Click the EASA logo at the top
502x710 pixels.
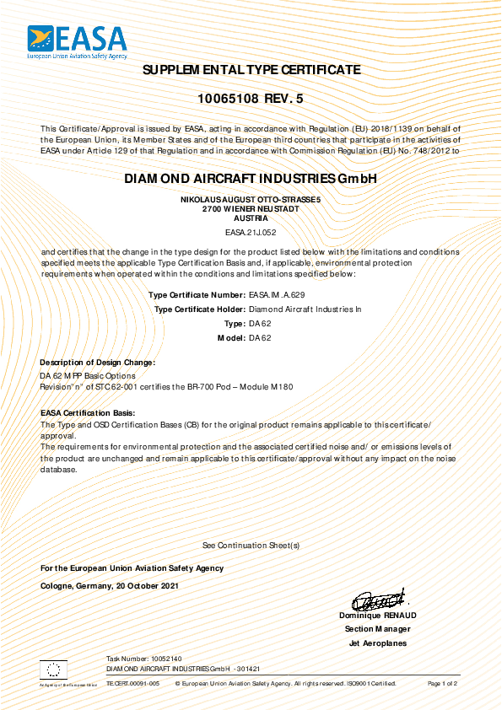pyautogui.click(x=77, y=41)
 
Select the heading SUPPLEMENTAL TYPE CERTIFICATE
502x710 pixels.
pyautogui.click(x=251, y=69)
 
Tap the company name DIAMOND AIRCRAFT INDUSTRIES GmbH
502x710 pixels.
pyautogui.click(x=250, y=179)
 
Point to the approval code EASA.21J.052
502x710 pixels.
pyautogui.click(x=251, y=230)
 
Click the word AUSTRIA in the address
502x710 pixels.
pyautogui.click(x=251, y=217)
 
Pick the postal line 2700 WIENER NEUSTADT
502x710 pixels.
pyautogui.click(x=251, y=207)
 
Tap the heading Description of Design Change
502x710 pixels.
pyautogui.click(x=98, y=362)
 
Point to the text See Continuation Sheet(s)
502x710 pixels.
pyautogui.click(x=251, y=546)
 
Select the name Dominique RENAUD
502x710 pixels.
pyautogui.click(x=378, y=616)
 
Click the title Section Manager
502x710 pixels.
pyautogui.click(x=378, y=629)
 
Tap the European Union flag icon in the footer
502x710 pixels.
pyautogui.click(x=54, y=670)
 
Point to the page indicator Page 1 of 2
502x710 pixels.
pyautogui.click(x=442, y=683)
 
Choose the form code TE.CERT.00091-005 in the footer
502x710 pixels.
pyautogui.click(x=132, y=683)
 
